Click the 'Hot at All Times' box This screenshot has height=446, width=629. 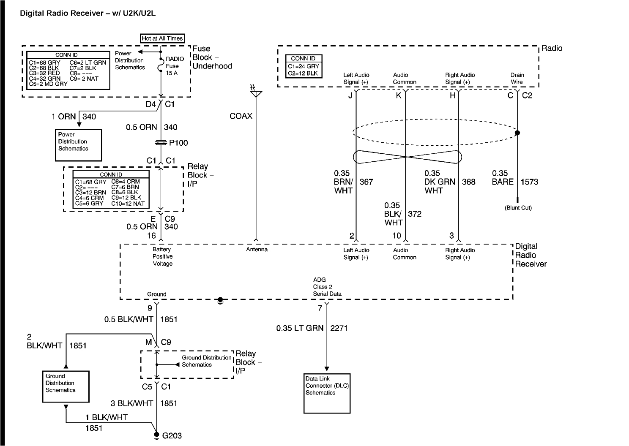pyautogui.click(x=162, y=38)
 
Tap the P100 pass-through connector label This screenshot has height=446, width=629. pyautogui.click(x=178, y=143)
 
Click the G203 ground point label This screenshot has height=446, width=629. pyautogui.click(x=172, y=435)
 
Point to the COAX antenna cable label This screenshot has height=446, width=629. pyautogui.click(x=241, y=116)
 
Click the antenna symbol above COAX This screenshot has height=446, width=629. pyautogui.click(x=256, y=92)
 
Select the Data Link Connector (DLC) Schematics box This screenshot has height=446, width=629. pyautogui.click(x=327, y=392)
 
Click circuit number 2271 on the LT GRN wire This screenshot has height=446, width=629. pyautogui.click(x=339, y=328)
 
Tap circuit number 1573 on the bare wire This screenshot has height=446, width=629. pyautogui.click(x=529, y=182)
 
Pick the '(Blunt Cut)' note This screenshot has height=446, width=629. pyautogui.click(x=518, y=208)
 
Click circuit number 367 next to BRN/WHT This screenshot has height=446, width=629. pyautogui.click(x=366, y=182)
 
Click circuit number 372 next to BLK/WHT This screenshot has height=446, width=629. pyautogui.click(x=415, y=214)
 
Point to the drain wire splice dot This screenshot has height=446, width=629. pyautogui.click(x=517, y=133)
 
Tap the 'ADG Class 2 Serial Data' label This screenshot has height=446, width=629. pyautogui.click(x=327, y=286)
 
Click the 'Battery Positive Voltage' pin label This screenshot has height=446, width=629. pyautogui.click(x=163, y=256)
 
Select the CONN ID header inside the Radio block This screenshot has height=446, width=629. pyautogui.click(x=303, y=58)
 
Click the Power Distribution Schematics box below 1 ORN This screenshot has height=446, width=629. pyautogui.click(x=78, y=145)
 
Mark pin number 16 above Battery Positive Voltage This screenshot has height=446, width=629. pyautogui.click(x=151, y=236)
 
